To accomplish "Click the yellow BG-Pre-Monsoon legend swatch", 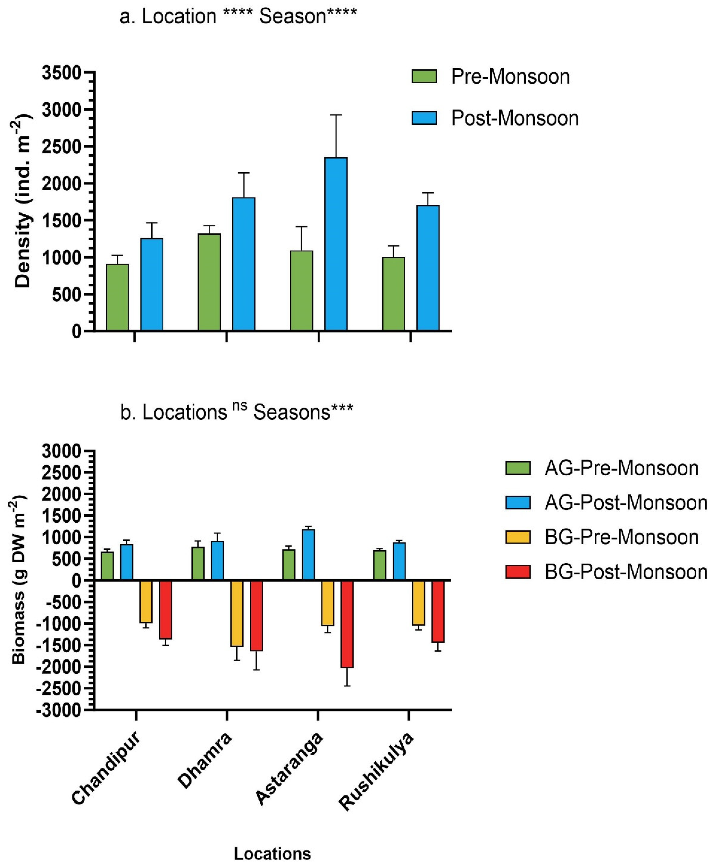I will pyautogui.click(x=517, y=537).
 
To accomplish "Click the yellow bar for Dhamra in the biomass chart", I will pyautogui.click(x=237, y=613).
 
